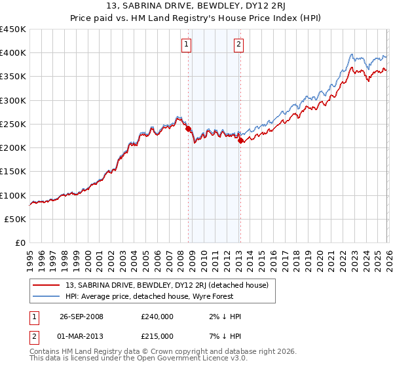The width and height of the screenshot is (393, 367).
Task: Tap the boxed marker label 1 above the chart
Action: click(187, 45)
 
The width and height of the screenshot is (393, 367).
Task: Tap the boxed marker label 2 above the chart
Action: click(238, 45)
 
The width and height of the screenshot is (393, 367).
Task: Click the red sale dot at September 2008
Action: click(189, 129)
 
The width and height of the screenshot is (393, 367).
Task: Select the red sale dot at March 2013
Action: click(240, 140)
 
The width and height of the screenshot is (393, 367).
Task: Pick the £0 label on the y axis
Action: click(20, 243)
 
